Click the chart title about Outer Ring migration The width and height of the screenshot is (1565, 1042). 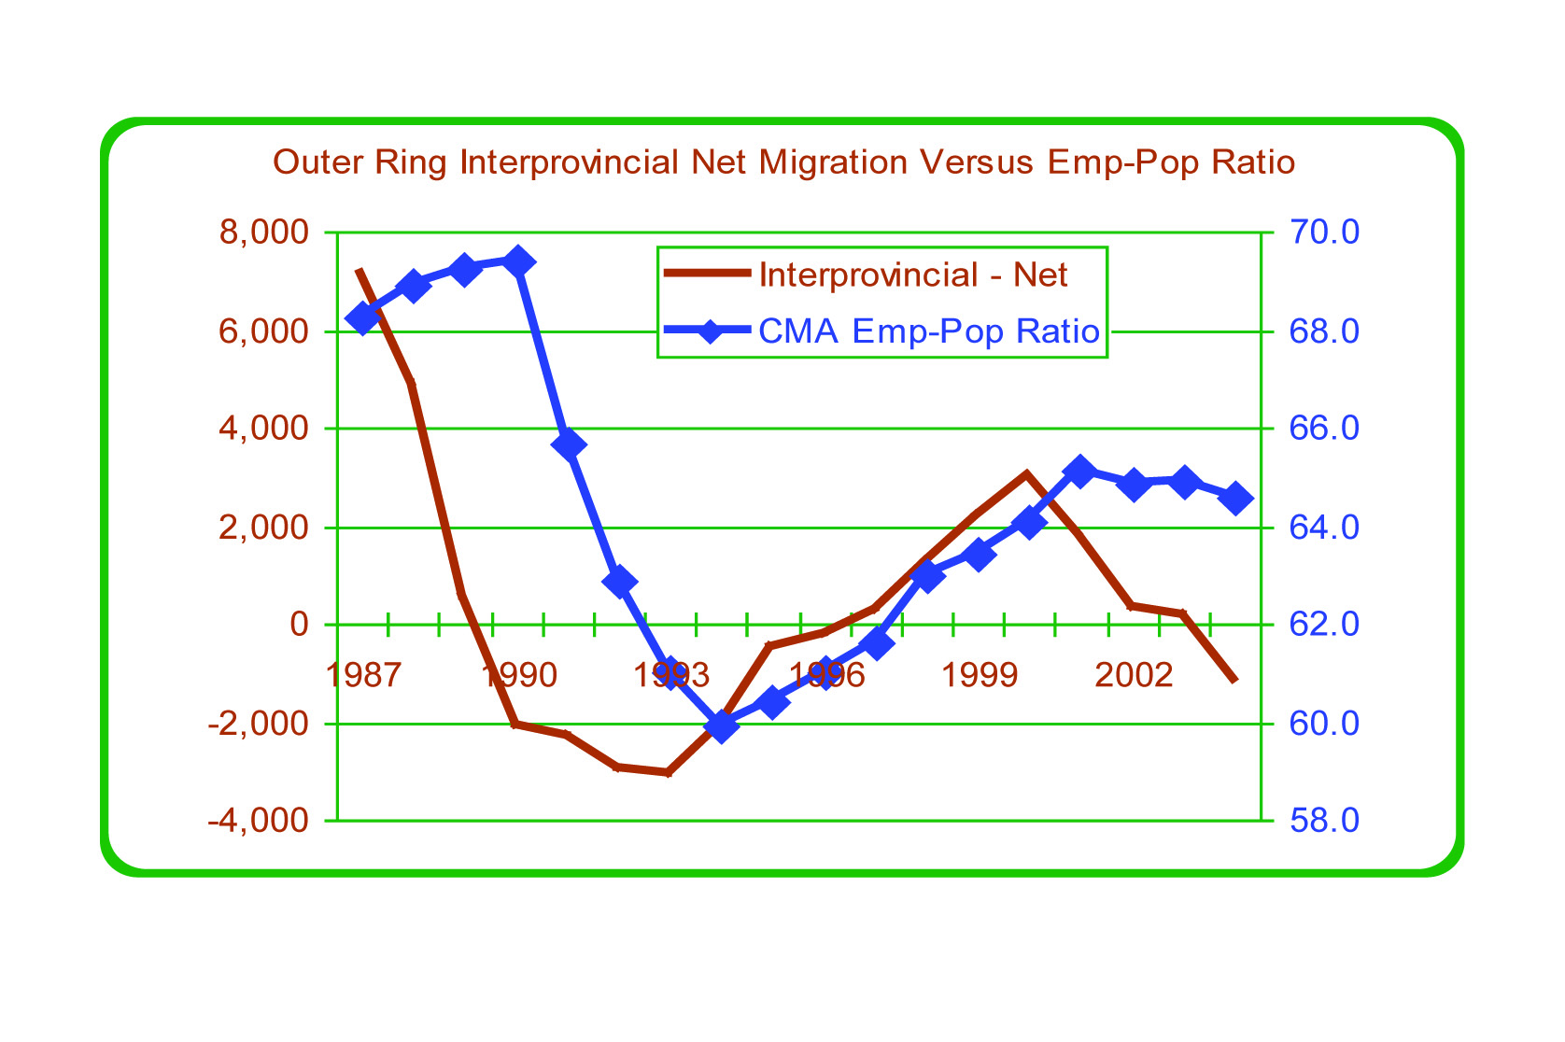[x=783, y=162]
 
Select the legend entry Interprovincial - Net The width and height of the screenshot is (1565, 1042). [x=912, y=275]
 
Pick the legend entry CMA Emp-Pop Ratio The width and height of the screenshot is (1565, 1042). [x=928, y=331]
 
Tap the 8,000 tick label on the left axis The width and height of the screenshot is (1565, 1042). [x=264, y=232]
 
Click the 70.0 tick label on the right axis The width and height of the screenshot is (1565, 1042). [x=1324, y=232]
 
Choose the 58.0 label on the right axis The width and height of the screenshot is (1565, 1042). [x=1324, y=821]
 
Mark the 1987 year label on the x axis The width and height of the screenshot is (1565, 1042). [x=363, y=674]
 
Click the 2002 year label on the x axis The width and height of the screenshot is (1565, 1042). [x=1133, y=674]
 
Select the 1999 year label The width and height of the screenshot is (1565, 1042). [x=979, y=674]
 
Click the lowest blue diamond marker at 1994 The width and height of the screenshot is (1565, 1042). [x=721, y=725]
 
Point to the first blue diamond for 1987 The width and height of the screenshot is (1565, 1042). [x=362, y=318]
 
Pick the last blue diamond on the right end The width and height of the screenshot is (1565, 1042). [x=1236, y=499]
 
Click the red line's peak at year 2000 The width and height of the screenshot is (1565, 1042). [x=1027, y=473]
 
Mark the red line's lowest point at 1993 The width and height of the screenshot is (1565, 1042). [x=669, y=773]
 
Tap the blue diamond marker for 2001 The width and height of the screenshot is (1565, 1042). [x=1079, y=471]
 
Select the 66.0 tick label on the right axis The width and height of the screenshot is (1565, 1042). [x=1324, y=429]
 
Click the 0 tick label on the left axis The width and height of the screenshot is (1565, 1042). [x=299, y=625]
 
